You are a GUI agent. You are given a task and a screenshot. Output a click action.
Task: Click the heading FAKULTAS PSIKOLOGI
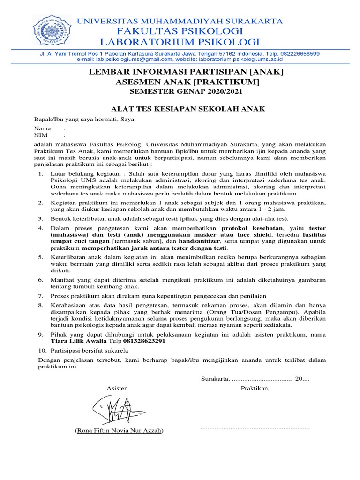pos(180,31)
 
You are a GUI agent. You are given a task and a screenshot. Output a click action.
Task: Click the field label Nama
pos(42,128)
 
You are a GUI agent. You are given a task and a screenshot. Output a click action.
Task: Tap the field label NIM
pos(41,135)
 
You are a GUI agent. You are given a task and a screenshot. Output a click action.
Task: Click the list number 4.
pos(40,228)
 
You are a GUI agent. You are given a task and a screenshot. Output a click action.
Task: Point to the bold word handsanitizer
pos(197,241)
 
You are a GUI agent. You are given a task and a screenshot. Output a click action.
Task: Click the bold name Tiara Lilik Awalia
pos(79,341)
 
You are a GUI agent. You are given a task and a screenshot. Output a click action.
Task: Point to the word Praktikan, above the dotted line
pos(255,388)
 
